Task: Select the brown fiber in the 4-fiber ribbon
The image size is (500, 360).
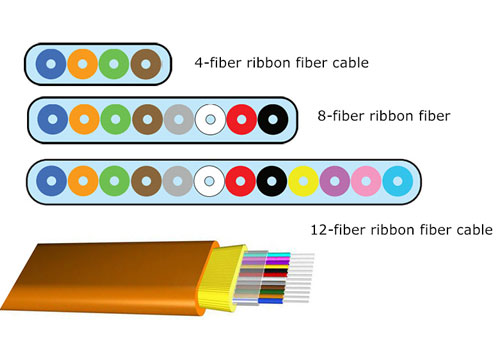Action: coord(146,65)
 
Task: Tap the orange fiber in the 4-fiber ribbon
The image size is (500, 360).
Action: coord(82,65)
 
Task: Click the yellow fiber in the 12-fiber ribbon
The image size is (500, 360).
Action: coord(304,181)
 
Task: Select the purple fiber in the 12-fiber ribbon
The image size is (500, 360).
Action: coord(336,181)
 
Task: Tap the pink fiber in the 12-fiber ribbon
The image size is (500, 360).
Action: coord(367,181)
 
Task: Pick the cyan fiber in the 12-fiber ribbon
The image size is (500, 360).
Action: coord(399,181)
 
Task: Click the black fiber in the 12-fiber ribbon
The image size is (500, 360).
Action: coord(272,181)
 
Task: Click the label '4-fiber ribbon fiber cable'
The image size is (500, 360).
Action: coord(282,63)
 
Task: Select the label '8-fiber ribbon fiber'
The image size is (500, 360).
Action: coord(378,116)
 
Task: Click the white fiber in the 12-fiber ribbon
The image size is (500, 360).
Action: coord(210,181)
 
